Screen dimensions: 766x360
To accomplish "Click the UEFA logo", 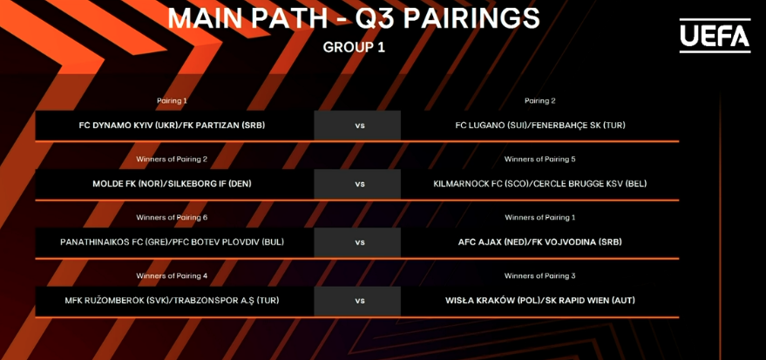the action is tap(715, 36).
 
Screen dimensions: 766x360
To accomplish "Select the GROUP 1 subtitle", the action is tap(354, 48).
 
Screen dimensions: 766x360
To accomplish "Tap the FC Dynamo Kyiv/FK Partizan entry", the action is tap(172, 126).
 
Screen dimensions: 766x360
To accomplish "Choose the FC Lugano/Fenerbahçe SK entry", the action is tap(539, 126).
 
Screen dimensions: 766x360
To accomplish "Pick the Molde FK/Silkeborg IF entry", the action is tap(172, 184).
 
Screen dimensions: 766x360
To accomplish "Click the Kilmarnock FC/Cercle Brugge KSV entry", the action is tap(539, 184).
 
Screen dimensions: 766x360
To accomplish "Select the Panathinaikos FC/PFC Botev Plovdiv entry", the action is tap(172, 242).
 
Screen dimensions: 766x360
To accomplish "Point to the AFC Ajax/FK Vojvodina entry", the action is tap(539, 242).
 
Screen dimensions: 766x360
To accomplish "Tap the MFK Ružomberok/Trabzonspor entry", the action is tap(172, 301).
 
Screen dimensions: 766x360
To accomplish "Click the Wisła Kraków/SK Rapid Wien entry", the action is tap(539, 301).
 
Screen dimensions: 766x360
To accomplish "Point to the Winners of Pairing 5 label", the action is tap(539, 160).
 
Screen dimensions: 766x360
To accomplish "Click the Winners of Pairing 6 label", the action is tap(172, 217).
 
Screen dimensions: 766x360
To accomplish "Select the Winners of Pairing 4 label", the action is tap(172, 276).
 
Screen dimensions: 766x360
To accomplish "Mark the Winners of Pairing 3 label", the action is tap(539, 276).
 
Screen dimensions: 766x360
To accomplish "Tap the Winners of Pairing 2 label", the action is tap(172, 160).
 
